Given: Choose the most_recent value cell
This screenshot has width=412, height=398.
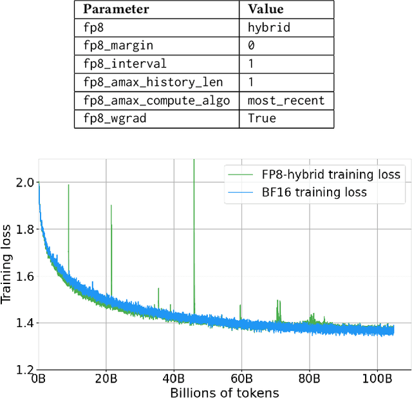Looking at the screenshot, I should (x=286, y=100).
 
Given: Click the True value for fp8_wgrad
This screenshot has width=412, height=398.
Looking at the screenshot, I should (x=261, y=118).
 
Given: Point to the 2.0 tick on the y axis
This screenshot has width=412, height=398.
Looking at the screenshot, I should (x=25, y=183).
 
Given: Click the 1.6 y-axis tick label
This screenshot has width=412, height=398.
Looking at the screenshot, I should (x=25, y=276).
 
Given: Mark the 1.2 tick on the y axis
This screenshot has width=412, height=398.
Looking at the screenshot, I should (x=25, y=370).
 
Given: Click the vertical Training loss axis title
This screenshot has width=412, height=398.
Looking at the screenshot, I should (x=8, y=264).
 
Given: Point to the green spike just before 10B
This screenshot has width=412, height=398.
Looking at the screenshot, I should (x=68, y=187).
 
